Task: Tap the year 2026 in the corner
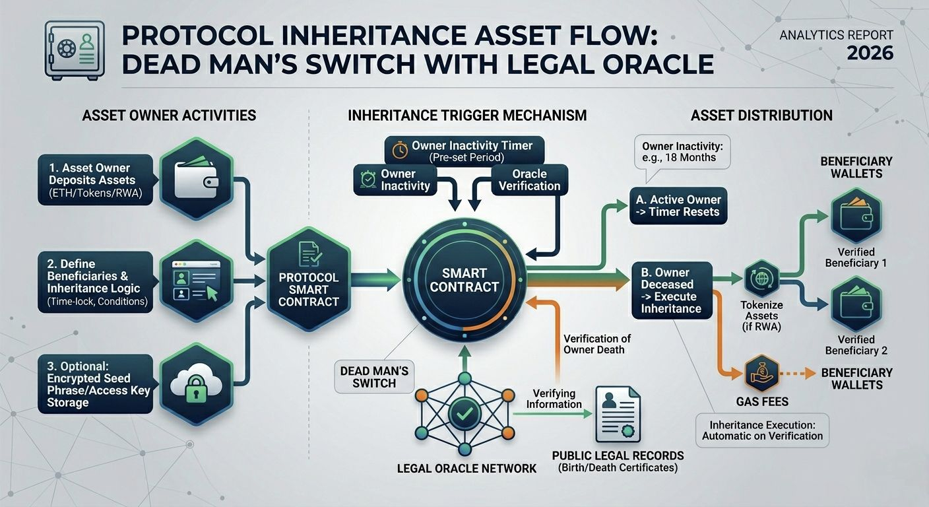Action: point(870,53)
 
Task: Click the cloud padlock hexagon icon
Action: point(196,384)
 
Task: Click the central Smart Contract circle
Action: point(464,279)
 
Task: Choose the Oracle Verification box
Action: point(529,180)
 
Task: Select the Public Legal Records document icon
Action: point(617,414)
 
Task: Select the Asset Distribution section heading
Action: point(761,116)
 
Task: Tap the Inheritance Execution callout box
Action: point(762,430)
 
